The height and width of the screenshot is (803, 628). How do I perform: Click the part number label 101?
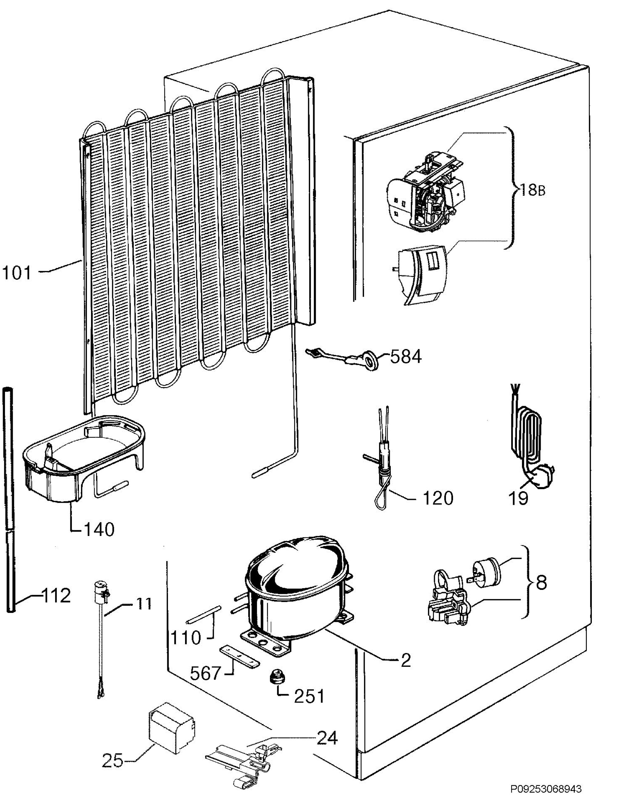point(17,274)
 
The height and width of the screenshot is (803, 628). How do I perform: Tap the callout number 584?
point(406,356)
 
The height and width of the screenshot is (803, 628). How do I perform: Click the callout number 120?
point(438,498)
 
